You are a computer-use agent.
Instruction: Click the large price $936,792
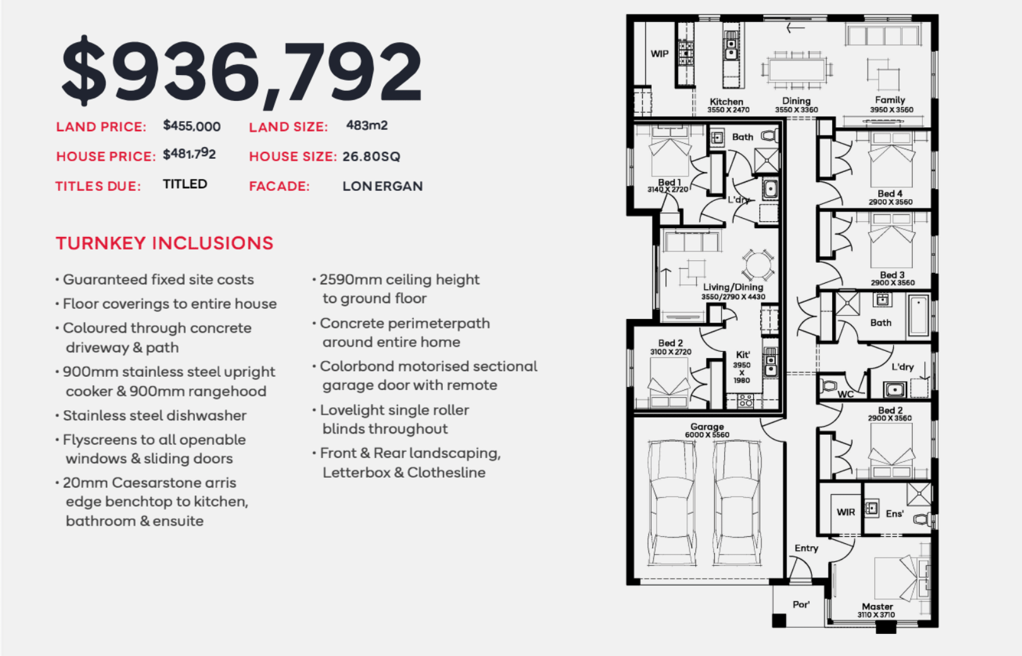click(x=242, y=72)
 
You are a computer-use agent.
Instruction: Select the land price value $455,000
click(x=192, y=126)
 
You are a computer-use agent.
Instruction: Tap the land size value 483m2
click(x=367, y=125)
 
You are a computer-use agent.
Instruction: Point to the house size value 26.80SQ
click(x=372, y=156)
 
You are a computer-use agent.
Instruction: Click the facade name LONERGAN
click(x=383, y=186)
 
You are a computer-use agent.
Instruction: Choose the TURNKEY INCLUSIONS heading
click(x=165, y=243)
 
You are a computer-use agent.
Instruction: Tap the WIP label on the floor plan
click(x=659, y=54)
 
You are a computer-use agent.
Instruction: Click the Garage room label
click(x=707, y=427)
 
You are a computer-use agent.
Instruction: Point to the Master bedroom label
click(x=877, y=606)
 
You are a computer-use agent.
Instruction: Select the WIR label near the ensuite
click(x=845, y=512)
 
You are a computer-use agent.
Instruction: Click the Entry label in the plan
click(x=806, y=548)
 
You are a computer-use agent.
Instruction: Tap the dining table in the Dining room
click(x=797, y=70)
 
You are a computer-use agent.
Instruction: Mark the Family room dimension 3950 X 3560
click(x=891, y=110)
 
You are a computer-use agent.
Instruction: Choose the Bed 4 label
click(x=890, y=193)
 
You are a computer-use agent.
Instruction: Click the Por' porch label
click(x=801, y=604)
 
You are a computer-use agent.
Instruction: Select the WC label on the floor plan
click(x=845, y=394)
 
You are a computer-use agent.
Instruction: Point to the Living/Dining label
click(x=732, y=287)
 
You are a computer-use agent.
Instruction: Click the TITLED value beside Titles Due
click(x=185, y=184)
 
